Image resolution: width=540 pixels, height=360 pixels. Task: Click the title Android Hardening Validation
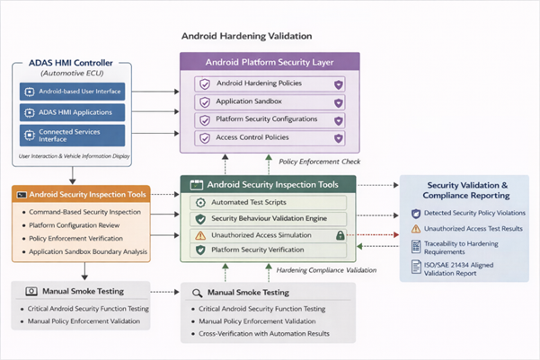tap(246, 37)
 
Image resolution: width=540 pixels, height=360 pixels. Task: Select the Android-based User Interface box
tap(74, 91)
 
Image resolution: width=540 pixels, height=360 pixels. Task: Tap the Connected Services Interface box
tap(74, 134)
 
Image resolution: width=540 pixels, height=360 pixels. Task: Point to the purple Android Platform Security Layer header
tap(270, 62)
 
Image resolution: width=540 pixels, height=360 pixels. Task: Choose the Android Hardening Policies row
tap(270, 83)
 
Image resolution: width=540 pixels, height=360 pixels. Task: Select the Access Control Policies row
tap(270, 138)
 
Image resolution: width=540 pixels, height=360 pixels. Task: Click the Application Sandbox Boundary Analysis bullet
tap(83, 252)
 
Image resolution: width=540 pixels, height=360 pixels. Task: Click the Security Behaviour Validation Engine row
tap(270, 218)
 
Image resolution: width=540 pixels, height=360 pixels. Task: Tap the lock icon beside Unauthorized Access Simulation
tap(341, 234)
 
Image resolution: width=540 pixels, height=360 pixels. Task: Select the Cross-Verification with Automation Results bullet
tap(264, 335)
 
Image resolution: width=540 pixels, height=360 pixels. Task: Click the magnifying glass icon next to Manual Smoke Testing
tap(197, 293)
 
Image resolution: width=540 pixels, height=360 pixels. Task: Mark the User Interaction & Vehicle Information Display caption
tap(74, 155)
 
